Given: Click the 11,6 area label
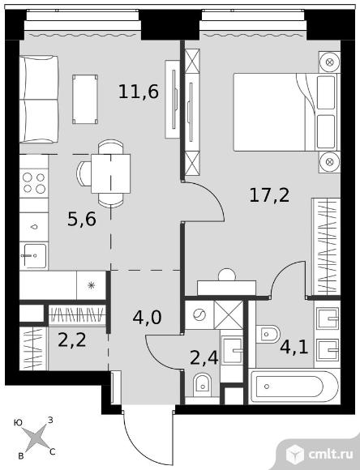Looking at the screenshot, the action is [139, 92].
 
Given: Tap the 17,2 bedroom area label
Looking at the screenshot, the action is [269, 195].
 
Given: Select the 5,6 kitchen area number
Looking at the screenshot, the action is [82, 219].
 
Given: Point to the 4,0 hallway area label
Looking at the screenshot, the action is [147, 317].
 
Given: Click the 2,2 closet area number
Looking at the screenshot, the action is [72, 340].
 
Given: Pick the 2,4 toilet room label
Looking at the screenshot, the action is [204, 357].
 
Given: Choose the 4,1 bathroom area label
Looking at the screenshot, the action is [294, 347].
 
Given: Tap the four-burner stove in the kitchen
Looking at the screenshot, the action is [34, 183].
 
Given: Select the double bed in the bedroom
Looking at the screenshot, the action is [286, 112].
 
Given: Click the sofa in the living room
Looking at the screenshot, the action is [39, 99].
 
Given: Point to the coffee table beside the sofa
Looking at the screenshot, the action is [85, 99].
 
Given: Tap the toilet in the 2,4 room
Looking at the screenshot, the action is [202, 385].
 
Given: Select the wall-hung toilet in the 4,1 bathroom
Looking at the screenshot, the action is [268, 334].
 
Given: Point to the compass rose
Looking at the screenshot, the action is [36, 438].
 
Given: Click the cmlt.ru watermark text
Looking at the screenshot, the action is [330, 455].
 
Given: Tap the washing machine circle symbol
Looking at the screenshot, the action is [199, 314].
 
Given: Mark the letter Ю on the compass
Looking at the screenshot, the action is [18, 423].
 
